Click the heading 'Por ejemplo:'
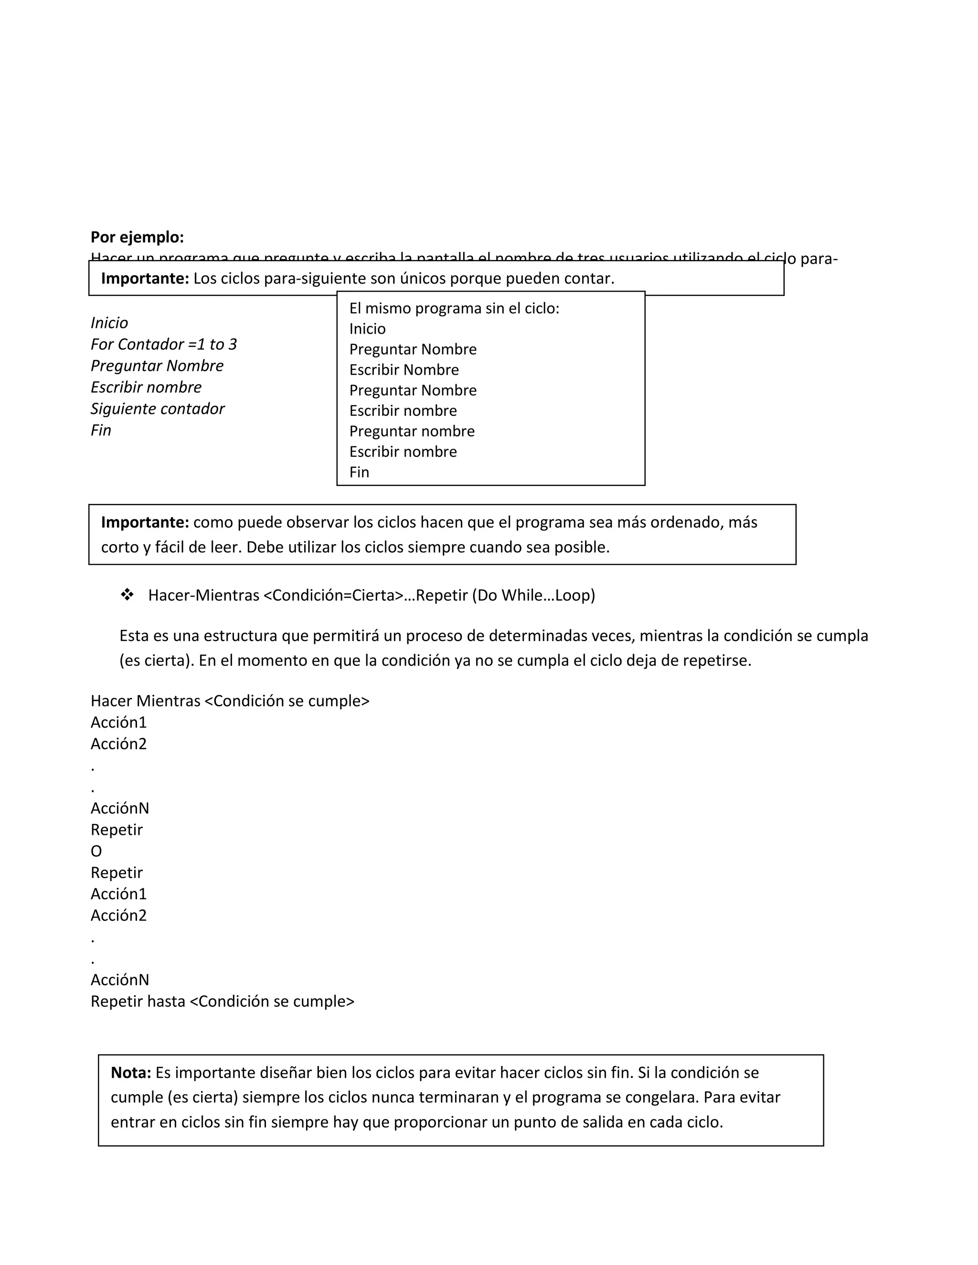coord(138,237)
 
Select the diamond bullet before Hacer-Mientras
coord(127,594)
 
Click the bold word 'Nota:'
coord(131,1072)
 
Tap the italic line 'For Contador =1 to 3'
coord(163,344)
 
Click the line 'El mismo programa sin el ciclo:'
coord(454,308)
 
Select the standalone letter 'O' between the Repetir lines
coord(96,851)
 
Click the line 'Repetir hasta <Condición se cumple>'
coord(223,1001)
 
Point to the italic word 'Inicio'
coord(109,323)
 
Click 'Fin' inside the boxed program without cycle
coord(359,472)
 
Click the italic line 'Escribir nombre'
coord(146,387)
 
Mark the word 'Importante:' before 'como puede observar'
coord(145,522)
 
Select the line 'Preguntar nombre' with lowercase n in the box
coord(412,431)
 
